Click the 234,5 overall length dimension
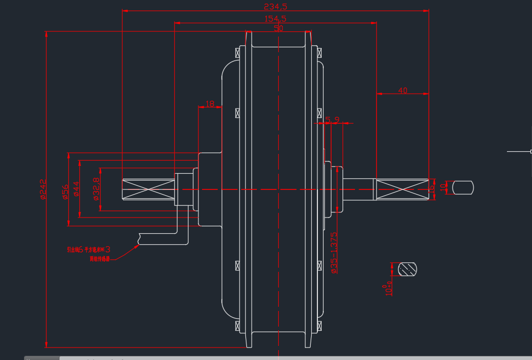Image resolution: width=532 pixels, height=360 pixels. coord(275,7)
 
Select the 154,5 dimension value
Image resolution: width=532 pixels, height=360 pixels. coord(275,19)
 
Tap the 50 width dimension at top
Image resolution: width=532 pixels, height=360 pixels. coord(278,29)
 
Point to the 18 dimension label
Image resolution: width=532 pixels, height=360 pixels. coord(210,104)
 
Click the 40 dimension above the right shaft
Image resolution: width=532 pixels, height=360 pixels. coord(403,90)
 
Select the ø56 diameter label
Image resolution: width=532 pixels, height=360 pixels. coord(65,191)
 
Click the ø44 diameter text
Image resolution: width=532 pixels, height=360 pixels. coord(76,189)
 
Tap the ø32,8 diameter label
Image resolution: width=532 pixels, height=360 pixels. coord(96,189)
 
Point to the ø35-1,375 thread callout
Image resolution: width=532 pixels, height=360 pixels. coord(334,253)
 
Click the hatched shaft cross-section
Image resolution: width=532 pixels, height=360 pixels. coord(408,269)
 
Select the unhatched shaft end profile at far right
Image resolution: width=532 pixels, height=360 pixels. coord(463,187)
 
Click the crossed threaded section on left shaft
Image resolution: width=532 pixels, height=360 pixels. coord(148,189)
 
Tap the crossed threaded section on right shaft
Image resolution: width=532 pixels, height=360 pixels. coord(401,189)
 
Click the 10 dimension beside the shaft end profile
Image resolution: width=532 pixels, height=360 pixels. coord(443,187)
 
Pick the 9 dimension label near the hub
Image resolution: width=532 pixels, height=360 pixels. coord(337,119)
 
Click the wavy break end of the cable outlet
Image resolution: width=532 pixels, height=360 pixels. coord(139,238)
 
